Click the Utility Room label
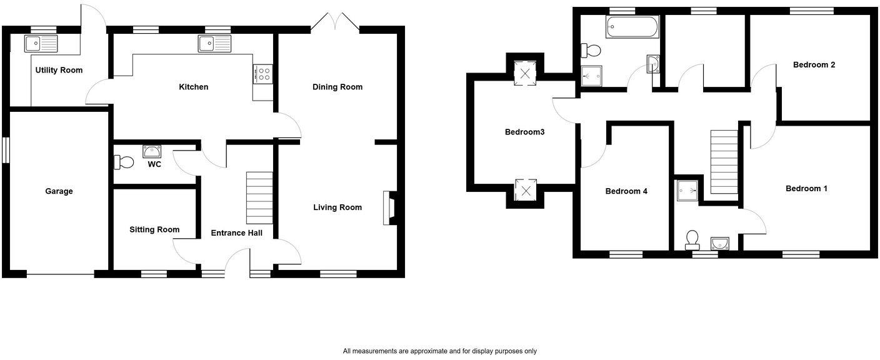(59, 70)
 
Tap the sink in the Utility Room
(40, 43)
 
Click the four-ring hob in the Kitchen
(262, 74)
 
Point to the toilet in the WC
(124, 162)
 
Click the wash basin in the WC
(152, 151)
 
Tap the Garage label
(59, 191)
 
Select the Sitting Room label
(154, 229)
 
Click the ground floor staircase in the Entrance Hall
(259, 197)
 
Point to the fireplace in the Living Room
(389, 207)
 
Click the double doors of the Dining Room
(336, 22)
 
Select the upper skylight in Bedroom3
(525, 73)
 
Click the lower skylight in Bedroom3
(525, 190)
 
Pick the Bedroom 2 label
(814, 64)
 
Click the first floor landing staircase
(724, 162)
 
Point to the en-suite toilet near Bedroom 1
(692, 239)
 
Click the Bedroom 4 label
(626, 191)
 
